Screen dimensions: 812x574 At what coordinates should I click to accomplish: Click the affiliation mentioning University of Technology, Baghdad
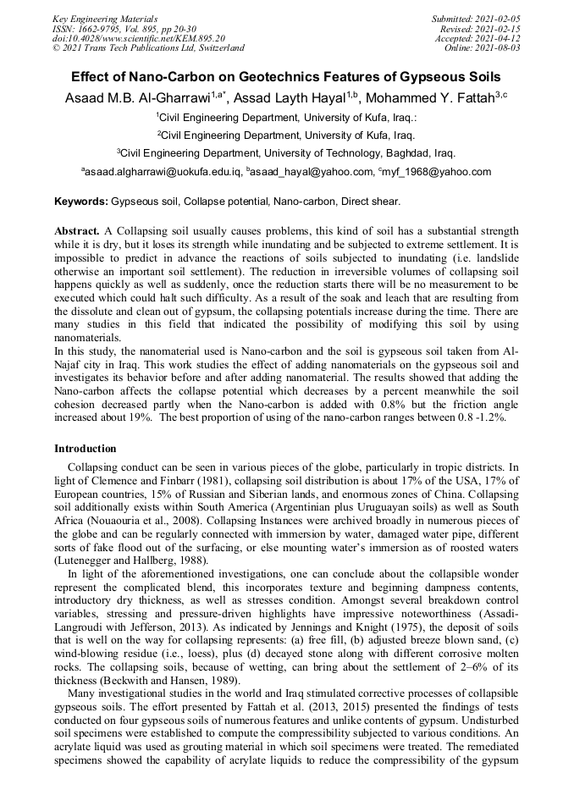[286, 153]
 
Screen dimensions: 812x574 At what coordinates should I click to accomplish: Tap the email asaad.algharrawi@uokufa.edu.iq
[161, 172]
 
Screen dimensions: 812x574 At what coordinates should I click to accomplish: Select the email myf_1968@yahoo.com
[435, 172]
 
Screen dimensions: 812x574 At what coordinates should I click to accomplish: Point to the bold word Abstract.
[77, 231]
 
